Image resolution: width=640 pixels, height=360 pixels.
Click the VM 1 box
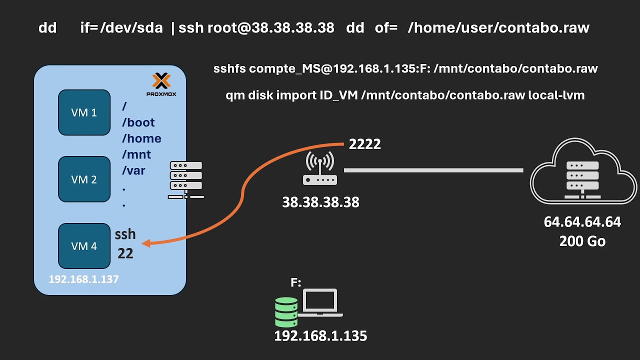tap(84, 112)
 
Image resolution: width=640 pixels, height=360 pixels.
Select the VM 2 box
tap(84, 179)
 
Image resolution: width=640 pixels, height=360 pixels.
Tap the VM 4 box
tap(84, 245)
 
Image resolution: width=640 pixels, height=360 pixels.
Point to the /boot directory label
tap(138, 122)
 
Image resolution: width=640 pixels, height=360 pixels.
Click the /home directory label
tap(141, 138)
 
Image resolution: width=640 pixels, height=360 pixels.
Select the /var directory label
tap(133, 170)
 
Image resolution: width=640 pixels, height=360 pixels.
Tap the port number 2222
tap(365, 144)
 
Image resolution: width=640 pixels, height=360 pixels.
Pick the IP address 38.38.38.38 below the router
tap(320, 202)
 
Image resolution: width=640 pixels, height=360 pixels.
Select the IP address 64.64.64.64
tap(582, 222)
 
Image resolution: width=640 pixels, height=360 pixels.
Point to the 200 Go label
tap(582, 241)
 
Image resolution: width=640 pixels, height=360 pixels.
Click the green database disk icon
tap(286, 312)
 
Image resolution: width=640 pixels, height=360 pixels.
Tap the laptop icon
tap(320, 303)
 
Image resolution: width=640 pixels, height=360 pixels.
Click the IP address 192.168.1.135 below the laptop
tap(320, 336)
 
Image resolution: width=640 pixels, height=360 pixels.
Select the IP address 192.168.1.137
tap(83, 279)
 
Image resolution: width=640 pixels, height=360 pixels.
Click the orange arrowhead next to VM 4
tap(146, 243)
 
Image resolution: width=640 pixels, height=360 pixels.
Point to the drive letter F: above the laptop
tap(296, 283)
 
